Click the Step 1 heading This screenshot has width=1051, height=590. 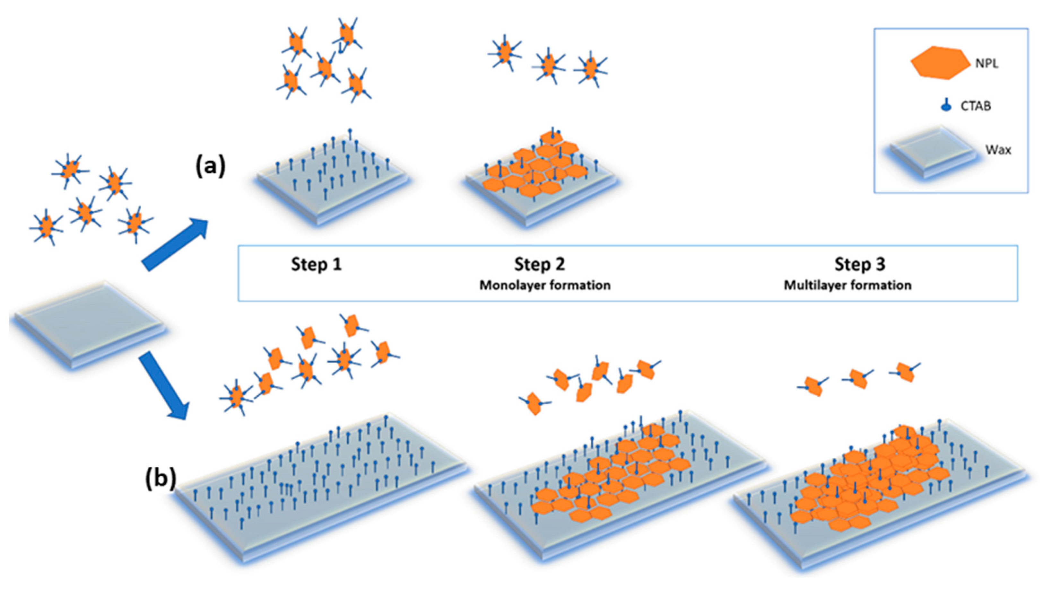(x=316, y=264)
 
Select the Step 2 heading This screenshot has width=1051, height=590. (x=539, y=264)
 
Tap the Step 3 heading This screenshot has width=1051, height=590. (x=860, y=264)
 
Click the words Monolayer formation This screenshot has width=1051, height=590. (x=545, y=285)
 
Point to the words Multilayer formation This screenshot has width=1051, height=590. (x=847, y=285)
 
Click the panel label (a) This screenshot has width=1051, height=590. (x=210, y=166)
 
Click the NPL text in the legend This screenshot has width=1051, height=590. (x=986, y=64)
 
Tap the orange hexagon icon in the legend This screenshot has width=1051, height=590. (x=940, y=63)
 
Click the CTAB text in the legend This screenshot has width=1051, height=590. (x=976, y=106)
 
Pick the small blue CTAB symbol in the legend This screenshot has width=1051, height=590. (x=946, y=107)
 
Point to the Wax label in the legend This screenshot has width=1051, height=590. (x=998, y=150)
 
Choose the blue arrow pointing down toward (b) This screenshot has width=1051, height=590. (x=164, y=385)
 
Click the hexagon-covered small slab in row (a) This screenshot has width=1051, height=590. (x=539, y=180)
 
